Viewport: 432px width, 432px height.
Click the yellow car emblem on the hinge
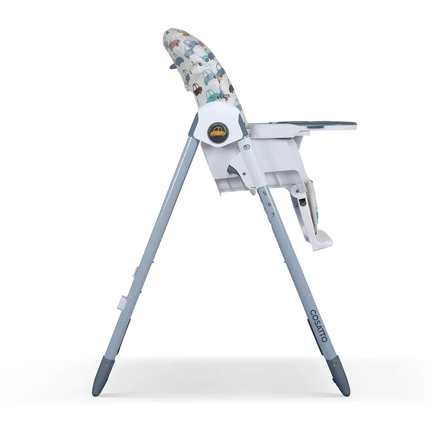tap(218, 132)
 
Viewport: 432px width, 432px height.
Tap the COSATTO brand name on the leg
tap(319, 325)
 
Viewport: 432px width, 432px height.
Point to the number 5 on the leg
tap(265, 193)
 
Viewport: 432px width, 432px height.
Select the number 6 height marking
tap(269, 203)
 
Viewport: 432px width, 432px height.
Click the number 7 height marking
tap(273, 214)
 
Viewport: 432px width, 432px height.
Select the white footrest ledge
tap(322, 241)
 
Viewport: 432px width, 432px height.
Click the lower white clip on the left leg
tap(122, 302)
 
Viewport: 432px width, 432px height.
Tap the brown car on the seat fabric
tap(197, 89)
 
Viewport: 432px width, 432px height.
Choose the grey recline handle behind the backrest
tap(173, 66)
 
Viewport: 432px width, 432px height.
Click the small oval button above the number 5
tap(246, 147)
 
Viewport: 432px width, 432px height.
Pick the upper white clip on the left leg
tap(135, 271)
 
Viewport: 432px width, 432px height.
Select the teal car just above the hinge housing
tap(212, 95)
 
